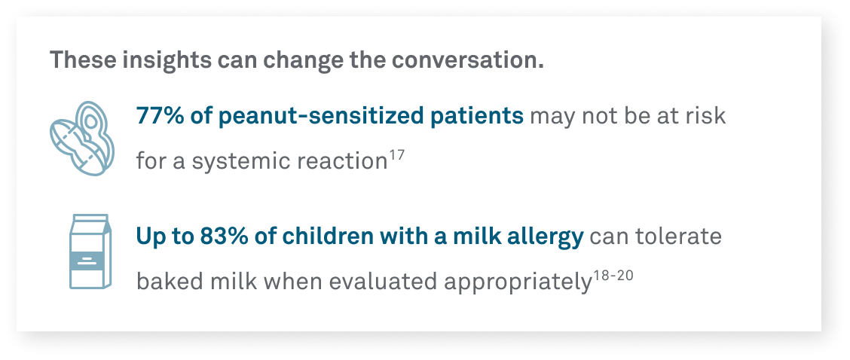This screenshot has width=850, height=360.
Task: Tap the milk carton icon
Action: click(x=89, y=251)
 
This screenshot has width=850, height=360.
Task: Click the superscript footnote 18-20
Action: click(x=610, y=276)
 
